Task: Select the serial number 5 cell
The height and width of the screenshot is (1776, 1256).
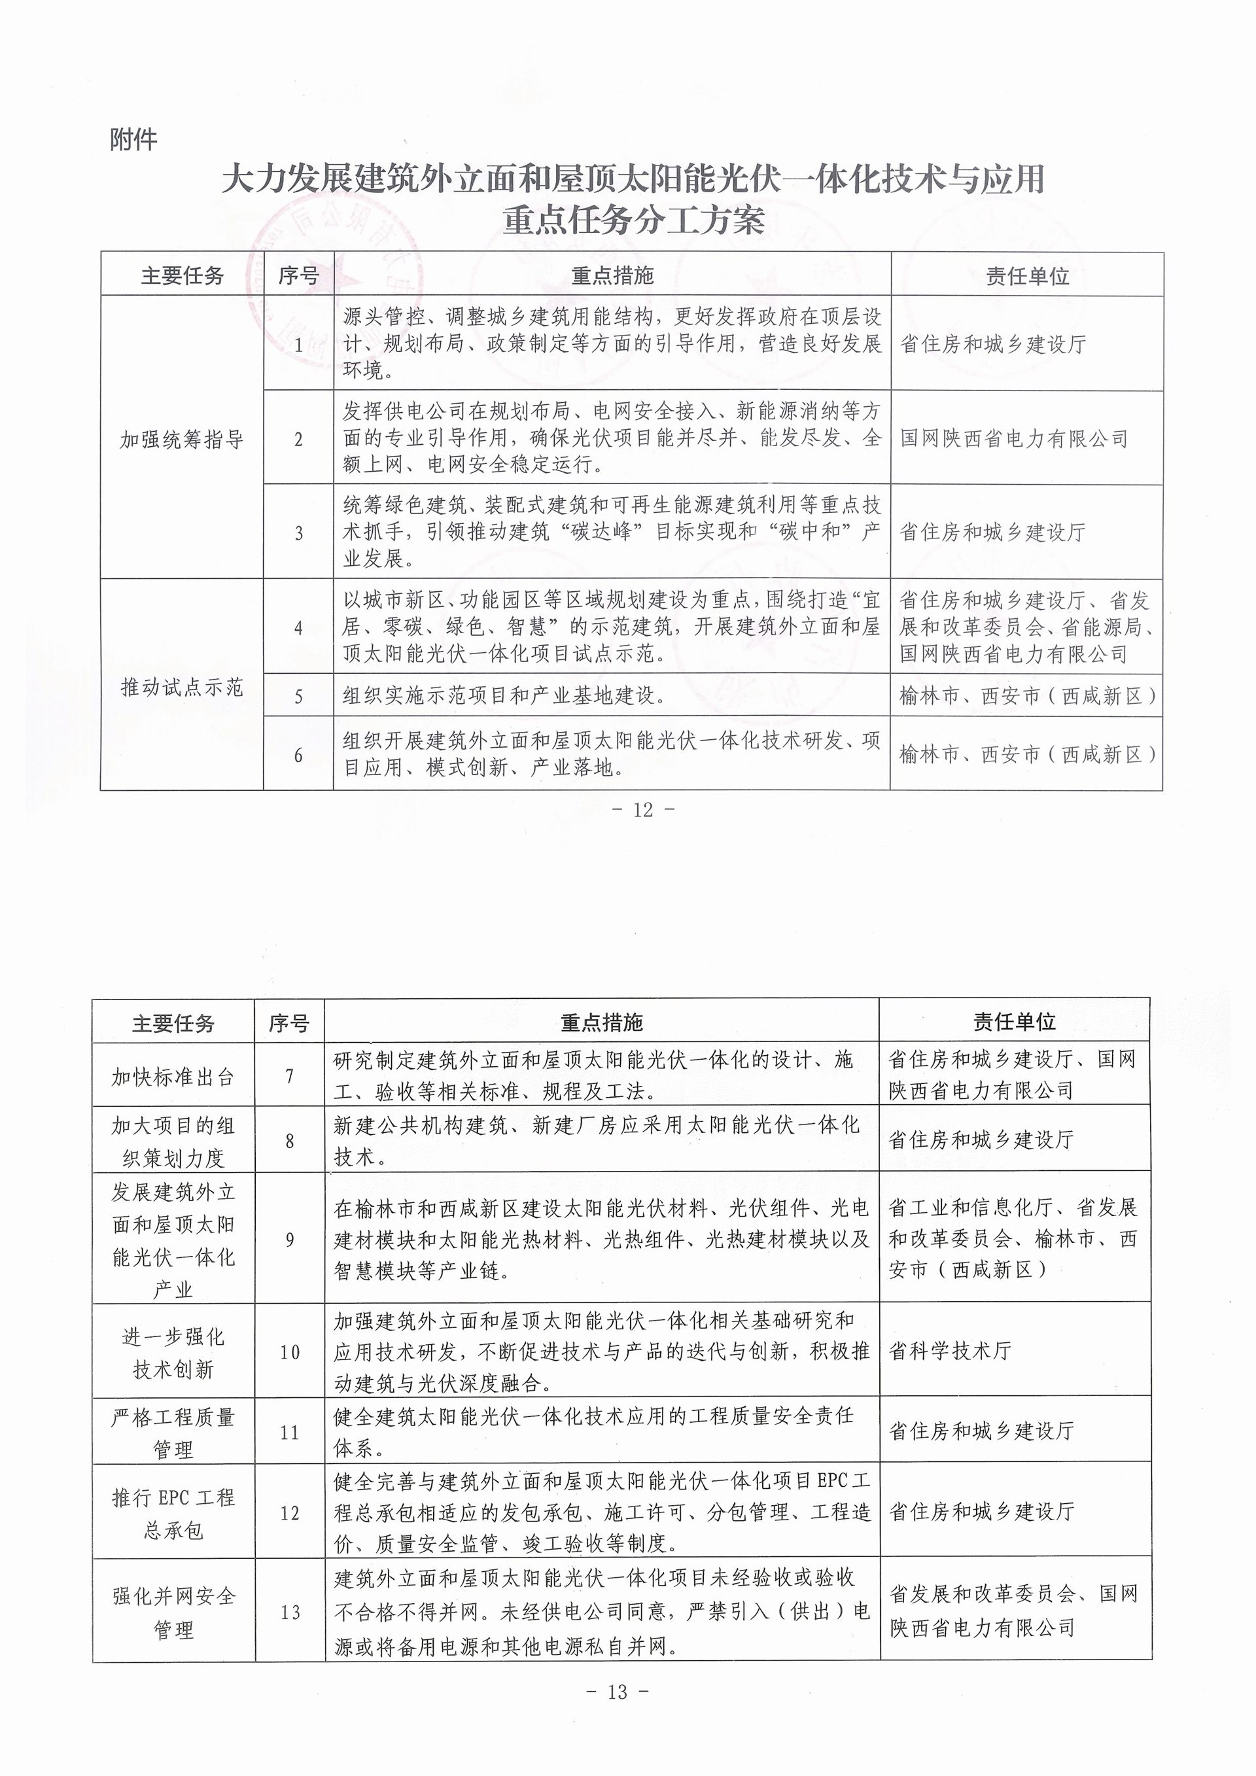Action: (298, 696)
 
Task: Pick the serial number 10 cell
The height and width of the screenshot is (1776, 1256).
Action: (290, 1352)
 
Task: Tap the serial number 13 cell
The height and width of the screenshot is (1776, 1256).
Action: (290, 1612)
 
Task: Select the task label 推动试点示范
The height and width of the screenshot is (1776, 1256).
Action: (182, 687)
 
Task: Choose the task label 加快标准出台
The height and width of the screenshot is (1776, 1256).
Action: (173, 1077)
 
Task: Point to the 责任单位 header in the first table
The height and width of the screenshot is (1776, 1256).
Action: (1027, 276)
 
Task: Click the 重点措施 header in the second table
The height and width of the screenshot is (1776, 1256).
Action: (602, 1022)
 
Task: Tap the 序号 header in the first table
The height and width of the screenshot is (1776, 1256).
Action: (298, 275)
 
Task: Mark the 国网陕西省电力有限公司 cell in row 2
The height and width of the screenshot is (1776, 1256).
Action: (1014, 438)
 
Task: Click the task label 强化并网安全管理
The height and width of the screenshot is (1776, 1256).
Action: (173, 1612)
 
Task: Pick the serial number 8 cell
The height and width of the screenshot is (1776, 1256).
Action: (290, 1141)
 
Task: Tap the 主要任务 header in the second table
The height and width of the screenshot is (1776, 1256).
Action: (173, 1023)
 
